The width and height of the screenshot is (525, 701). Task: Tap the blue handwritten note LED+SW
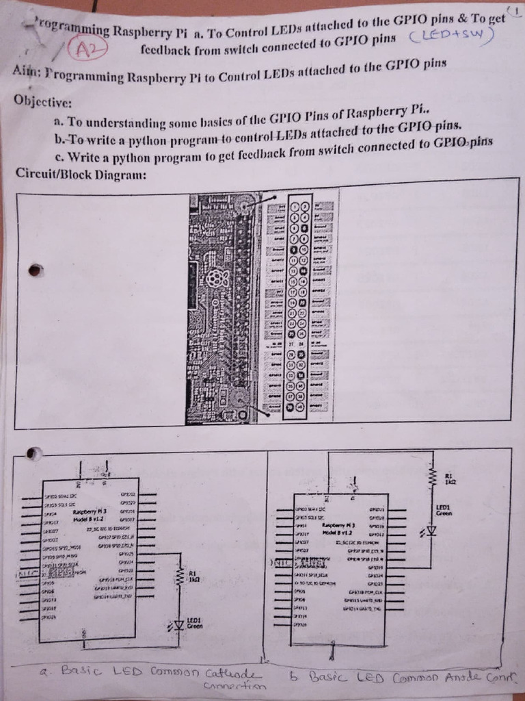pyautogui.click(x=451, y=38)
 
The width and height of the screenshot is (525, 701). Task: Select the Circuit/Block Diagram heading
pyautogui.click(x=81, y=173)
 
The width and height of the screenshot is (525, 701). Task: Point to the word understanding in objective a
pyautogui.click(x=123, y=123)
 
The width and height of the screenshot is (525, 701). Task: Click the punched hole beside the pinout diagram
pyautogui.click(x=36, y=270)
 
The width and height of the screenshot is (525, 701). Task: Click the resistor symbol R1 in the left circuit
pyautogui.click(x=179, y=575)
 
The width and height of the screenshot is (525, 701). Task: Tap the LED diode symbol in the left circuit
pyautogui.click(x=178, y=624)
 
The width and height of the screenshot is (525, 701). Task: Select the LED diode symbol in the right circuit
pyautogui.click(x=431, y=531)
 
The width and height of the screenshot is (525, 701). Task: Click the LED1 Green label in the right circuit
pyautogui.click(x=444, y=510)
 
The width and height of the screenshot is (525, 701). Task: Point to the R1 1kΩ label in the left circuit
pyautogui.click(x=193, y=576)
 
